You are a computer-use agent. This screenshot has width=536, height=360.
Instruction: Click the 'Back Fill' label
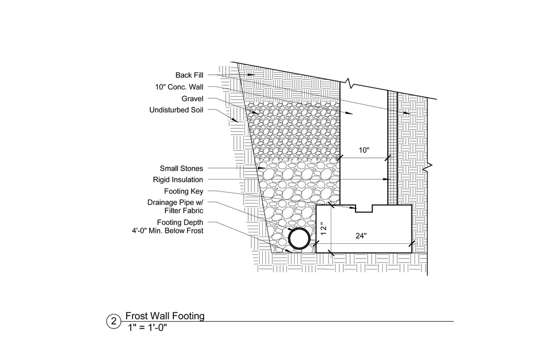[189, 75]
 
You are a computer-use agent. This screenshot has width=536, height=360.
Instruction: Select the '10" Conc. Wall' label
[179, 87]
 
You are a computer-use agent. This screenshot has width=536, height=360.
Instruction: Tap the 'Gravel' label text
[192, 99]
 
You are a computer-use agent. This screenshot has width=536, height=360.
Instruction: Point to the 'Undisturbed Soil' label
[176, 110]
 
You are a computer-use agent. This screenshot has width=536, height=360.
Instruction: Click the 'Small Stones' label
[181, 168]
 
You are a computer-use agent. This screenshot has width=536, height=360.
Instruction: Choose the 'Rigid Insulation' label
[178, 179]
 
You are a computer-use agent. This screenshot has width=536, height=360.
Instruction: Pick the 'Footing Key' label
[184, 192]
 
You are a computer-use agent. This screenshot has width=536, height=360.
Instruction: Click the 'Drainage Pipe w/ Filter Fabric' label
[175, 207]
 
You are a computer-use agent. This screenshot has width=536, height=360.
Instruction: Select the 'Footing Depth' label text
[180, 222]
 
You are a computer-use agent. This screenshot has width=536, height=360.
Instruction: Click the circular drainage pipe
[299, 238]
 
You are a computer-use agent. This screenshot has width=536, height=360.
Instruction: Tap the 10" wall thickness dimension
[364, 150]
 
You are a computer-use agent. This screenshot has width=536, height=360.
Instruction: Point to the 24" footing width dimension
[361, 235]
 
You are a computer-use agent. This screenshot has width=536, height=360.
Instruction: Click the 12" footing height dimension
[324, 228]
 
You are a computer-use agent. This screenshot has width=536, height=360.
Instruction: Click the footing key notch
[364, 209]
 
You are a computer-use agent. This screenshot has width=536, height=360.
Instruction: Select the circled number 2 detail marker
[114, 321]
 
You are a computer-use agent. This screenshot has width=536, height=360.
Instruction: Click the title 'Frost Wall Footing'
[165, 316]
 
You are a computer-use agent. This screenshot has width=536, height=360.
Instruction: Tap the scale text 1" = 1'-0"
[147, 328]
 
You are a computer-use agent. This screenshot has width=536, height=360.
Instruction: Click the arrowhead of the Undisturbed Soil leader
[235, 120]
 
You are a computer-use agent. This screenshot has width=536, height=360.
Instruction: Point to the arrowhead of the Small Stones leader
[262, 168]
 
